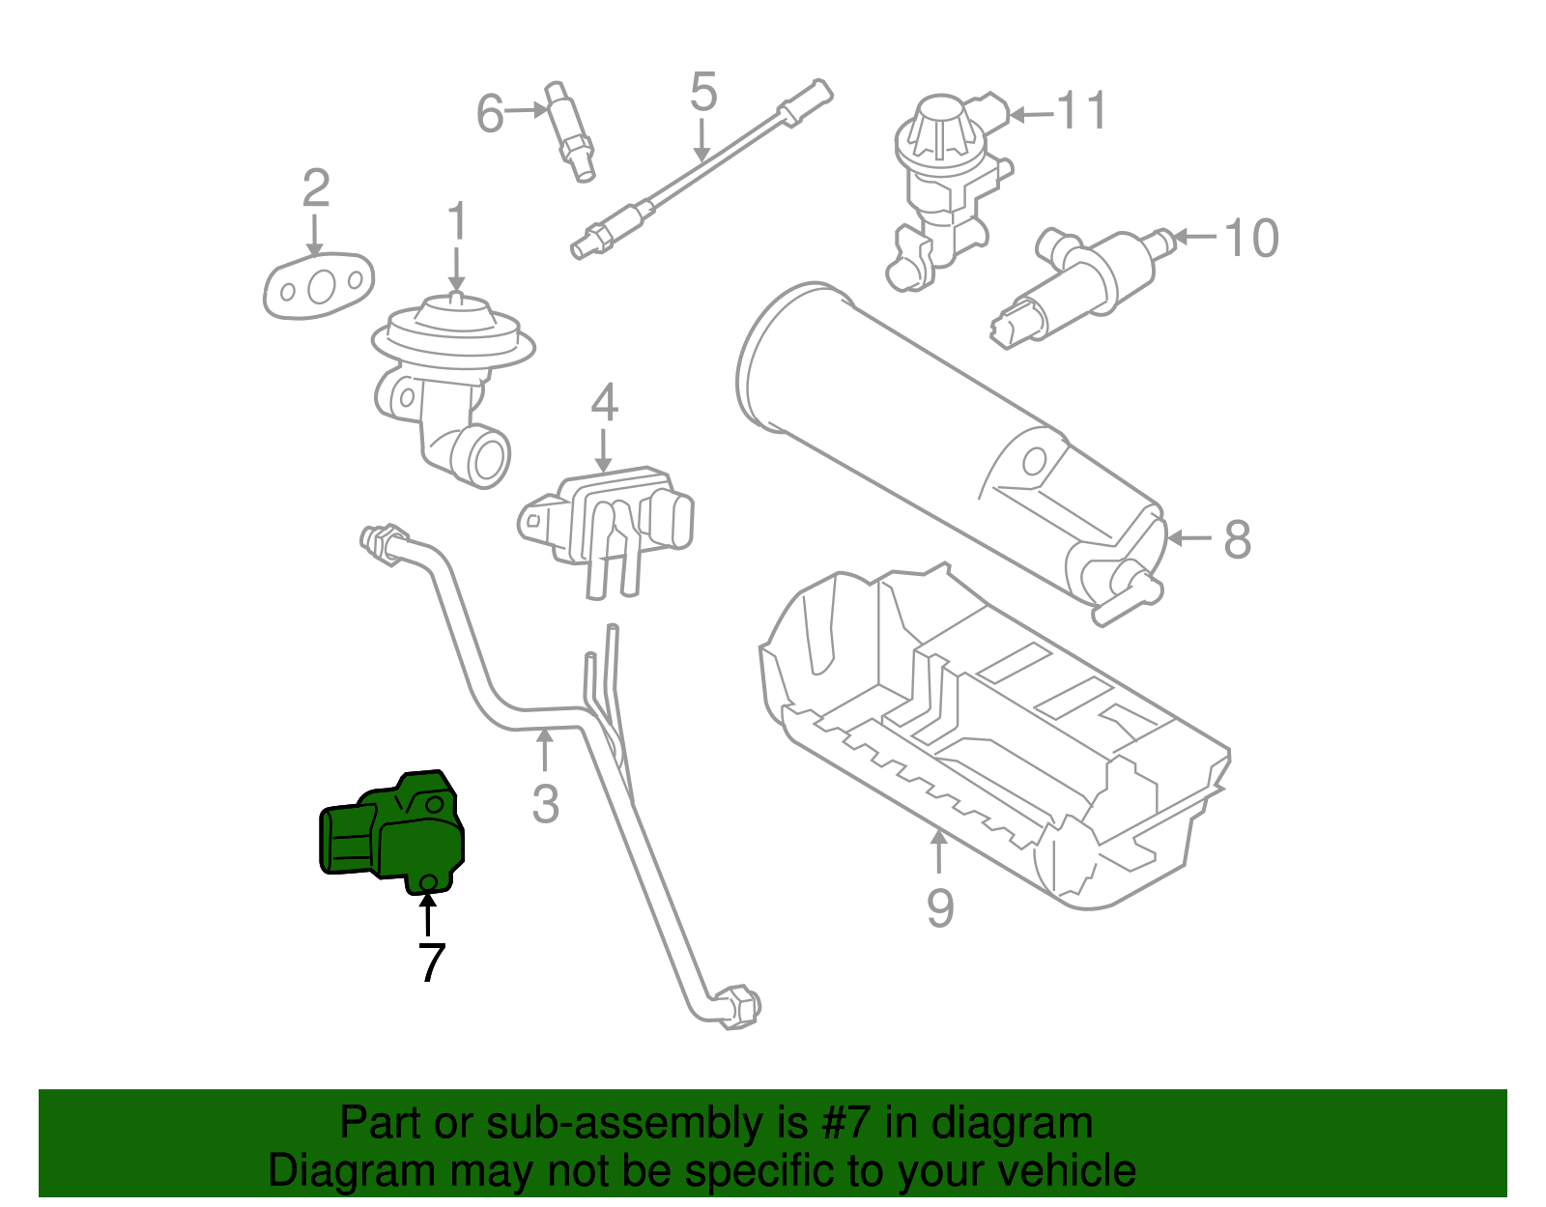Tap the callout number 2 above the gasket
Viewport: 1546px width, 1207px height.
[316, 188]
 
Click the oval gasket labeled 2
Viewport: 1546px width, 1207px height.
[319, 286]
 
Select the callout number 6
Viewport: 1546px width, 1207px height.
[490, 114]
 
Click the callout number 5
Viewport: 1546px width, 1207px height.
[703, 93]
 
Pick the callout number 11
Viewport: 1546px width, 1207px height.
[1082, 111]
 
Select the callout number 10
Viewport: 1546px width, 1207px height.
[1251, 238]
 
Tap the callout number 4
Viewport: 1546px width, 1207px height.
[604, 403]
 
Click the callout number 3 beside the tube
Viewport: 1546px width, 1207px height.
[545, 803]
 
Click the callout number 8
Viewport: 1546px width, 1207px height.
[1237, 540]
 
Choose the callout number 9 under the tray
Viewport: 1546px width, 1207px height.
[939, 907]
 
